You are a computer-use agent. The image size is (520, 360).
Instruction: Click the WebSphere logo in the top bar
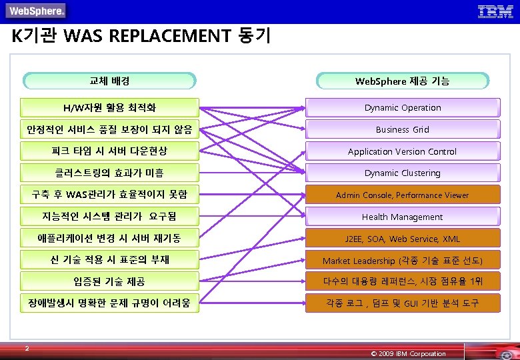tap(37, 11)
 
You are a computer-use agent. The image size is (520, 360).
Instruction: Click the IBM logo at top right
tap(495, 11)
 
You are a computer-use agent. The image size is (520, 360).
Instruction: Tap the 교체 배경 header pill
tap(109, 81)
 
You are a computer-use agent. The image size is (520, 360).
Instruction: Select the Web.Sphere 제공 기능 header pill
tap(402, 81)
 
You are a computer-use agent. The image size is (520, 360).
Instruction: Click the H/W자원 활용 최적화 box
tap(109, 107)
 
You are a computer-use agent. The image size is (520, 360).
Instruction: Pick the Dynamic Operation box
tap(402, 107)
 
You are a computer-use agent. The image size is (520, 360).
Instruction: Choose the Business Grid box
tap(402, 129)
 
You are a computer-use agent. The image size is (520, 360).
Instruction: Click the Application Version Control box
tap(402, 151)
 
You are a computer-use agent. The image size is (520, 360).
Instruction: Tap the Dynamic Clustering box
tap(402, 173)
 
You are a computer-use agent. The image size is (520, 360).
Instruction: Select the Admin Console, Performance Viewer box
tap(402, 195)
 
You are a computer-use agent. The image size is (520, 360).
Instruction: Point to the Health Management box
tap(402, 217)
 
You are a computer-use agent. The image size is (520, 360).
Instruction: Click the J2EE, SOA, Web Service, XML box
tap(402, 239)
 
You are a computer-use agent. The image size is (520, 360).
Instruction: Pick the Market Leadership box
tap(402, 260)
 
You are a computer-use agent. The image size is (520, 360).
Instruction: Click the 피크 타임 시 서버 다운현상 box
tap(109, 151)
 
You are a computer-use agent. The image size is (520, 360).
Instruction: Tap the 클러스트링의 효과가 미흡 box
tap(109, 173)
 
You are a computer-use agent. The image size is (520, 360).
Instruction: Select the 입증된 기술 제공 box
tap(109, 281)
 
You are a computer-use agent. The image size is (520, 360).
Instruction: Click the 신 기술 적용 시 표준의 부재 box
tap(109, 259)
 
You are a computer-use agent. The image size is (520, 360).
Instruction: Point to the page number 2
tap(26, 347)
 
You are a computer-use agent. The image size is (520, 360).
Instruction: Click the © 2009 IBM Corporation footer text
tap(408, 353)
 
